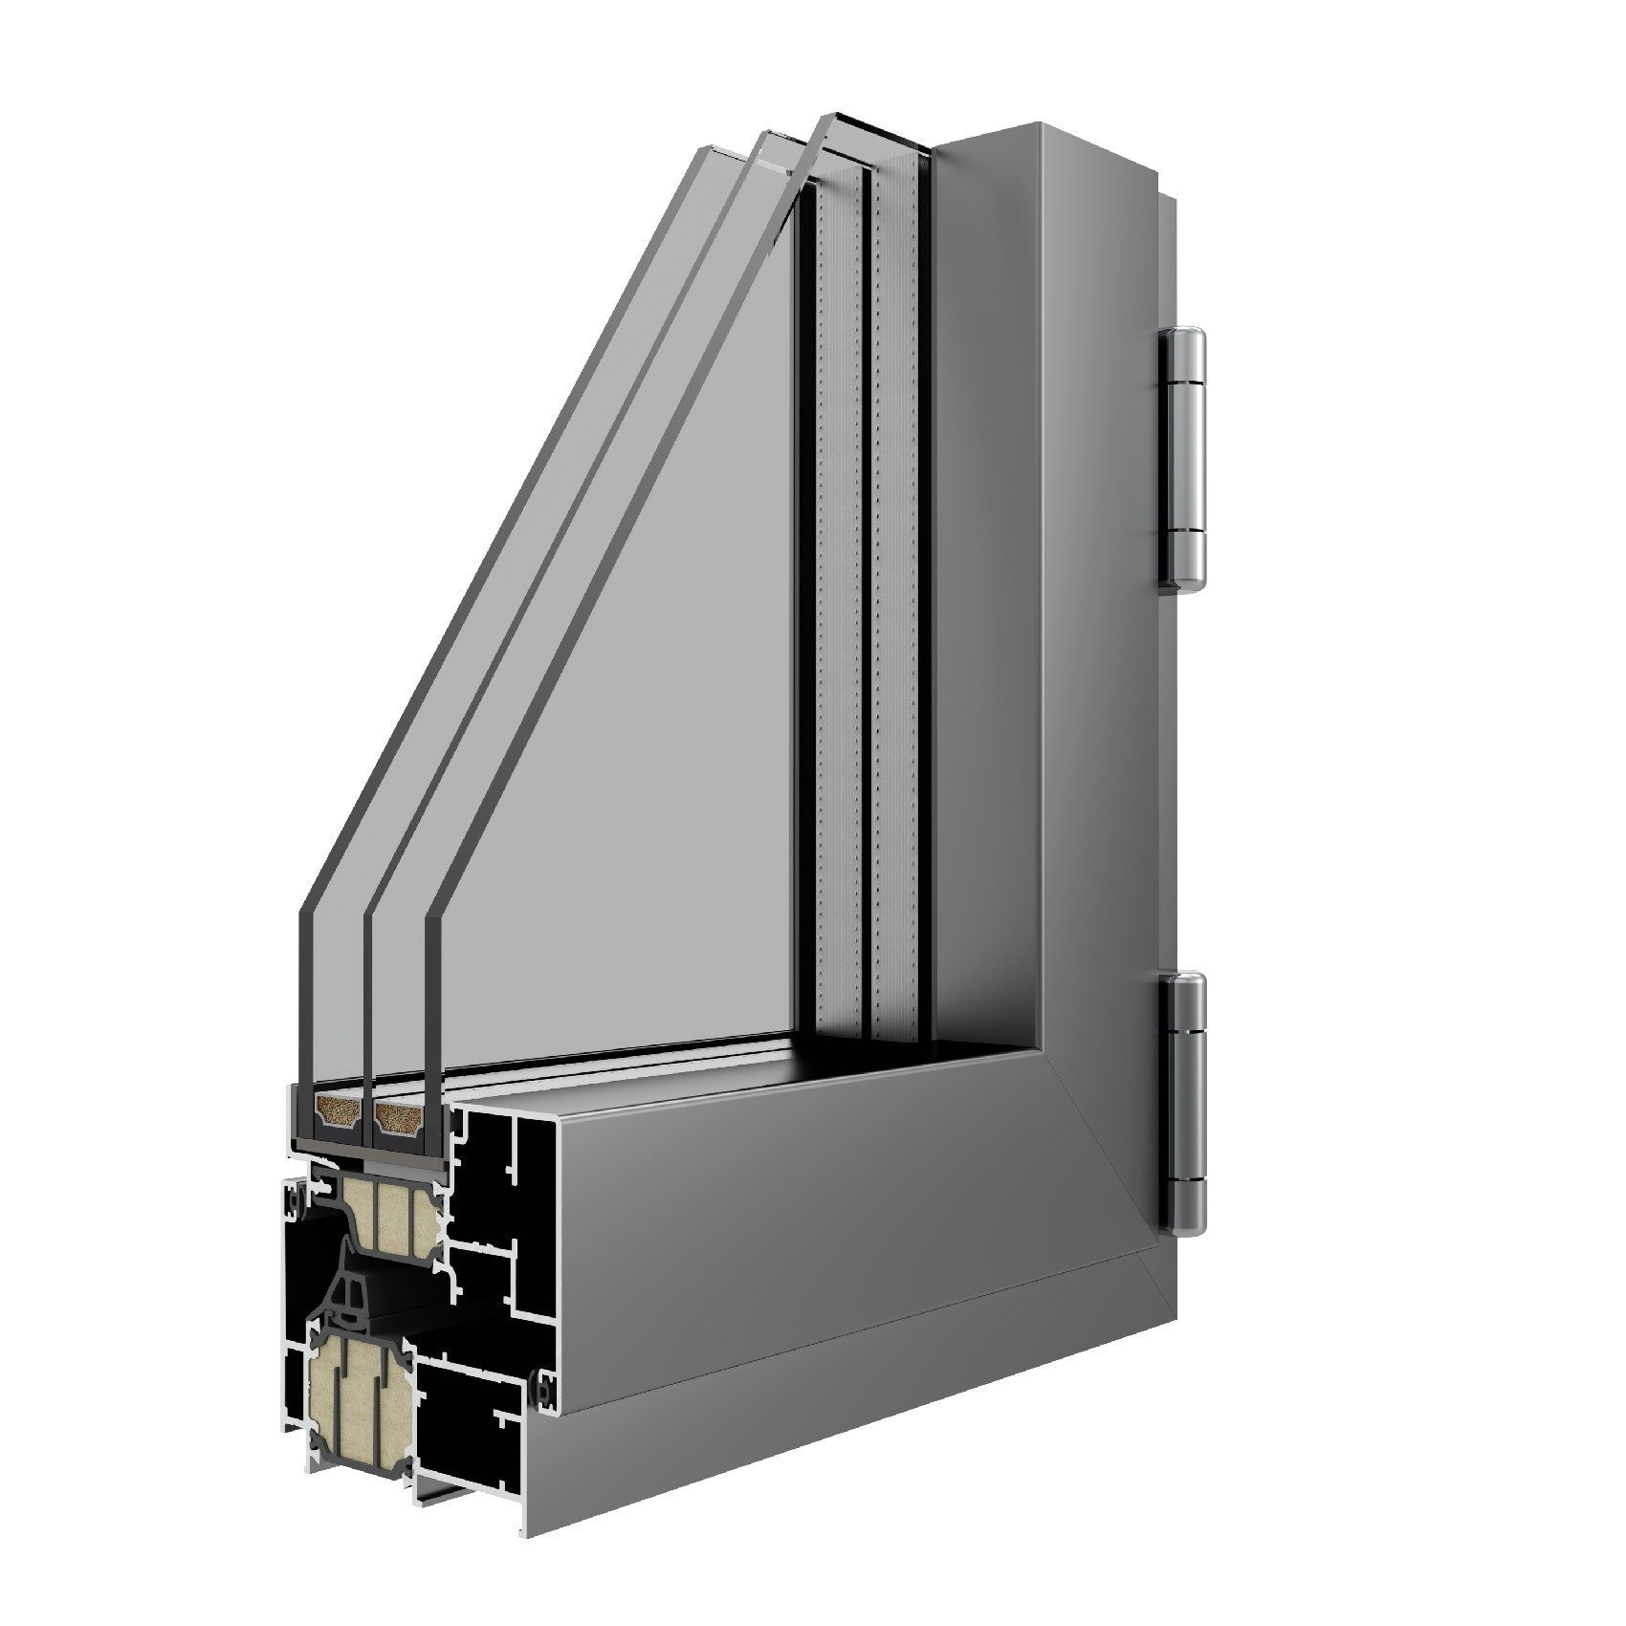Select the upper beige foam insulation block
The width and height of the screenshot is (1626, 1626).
(x=387, y=1216)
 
